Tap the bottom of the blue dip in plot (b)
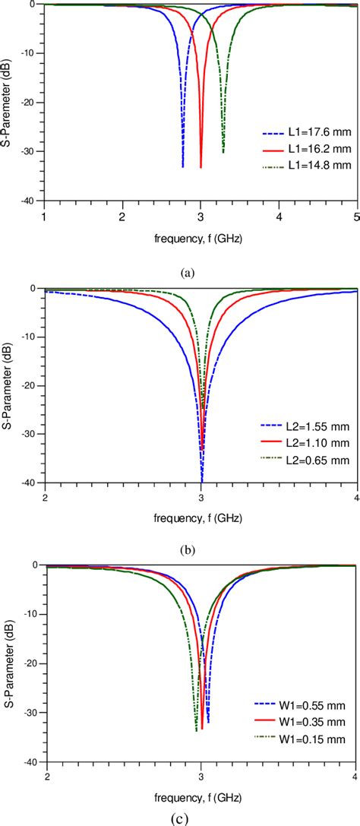coord(202,481)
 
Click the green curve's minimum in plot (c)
coord(196,752)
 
